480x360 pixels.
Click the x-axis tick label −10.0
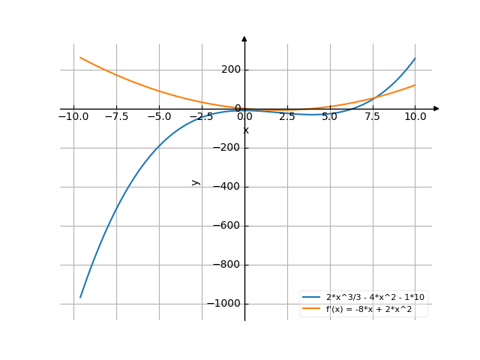pyautogui.click(x=73, y=117)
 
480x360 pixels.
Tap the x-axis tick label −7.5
pyautogui.click(x=115, y=117)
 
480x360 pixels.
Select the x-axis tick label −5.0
pyautogui.click(x=158, y=117)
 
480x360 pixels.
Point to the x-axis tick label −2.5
pyautogui.click(x=201, y=117)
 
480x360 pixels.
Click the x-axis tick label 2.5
pyautogui.click(x=287, y=117)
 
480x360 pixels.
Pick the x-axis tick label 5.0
pyautogui.click(x=330, y=117)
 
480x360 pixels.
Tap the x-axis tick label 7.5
pyautogui.click(x=373, y=117)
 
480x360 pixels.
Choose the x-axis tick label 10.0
pyautogui.click(x=415, y=117)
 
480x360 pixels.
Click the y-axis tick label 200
pyautogui.click(x=231, y=70)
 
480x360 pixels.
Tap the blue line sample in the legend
pyautogui.click(x=311, y=298)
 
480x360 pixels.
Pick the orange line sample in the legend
pyautogui.click(x=311, y=308)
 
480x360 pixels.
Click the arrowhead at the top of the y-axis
pyautogui.click(x=244, y=38)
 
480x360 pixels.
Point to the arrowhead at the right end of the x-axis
pyautogui.click(x=436, y=109)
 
